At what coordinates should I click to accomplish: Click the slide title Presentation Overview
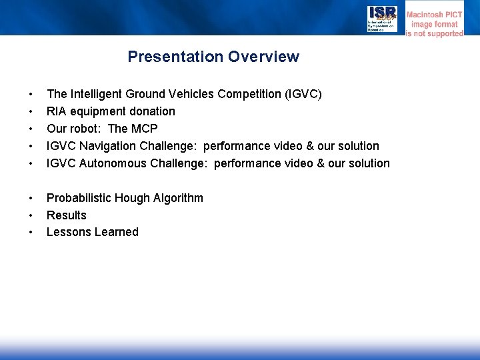(213, 57)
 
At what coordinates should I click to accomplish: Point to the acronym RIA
(56, 111)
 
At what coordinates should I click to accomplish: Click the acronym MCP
(144, 129)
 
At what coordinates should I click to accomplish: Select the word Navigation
(111, 146)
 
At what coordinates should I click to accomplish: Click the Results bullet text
(66, 215)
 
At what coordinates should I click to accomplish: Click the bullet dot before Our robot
(30, 129)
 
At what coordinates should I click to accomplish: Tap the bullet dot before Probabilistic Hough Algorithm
(30, 198)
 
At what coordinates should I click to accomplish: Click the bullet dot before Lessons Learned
(30, 233)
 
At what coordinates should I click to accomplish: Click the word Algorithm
(178, 198)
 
